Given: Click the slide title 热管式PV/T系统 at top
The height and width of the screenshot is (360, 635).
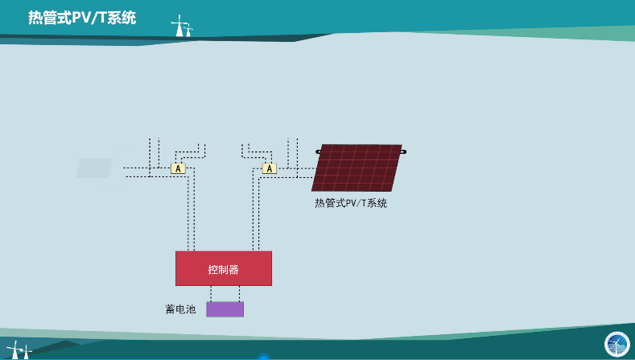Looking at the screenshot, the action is tap(82, 18).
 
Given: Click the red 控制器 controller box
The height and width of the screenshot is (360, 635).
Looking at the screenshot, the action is tap(224, 268).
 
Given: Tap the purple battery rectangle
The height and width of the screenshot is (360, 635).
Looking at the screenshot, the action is tap(225, 309).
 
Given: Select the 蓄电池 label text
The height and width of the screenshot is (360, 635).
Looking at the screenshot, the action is tap(180, 309).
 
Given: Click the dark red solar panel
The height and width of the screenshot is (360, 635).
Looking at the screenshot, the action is tap(357, 168).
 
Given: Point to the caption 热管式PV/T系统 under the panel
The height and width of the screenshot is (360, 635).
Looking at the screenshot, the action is tap(351, 203).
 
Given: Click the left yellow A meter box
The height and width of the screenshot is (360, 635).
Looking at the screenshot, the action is tap(178, 168).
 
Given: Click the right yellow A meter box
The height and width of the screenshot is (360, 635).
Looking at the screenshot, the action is tap(270, 168).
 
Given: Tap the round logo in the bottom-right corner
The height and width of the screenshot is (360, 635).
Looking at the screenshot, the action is tap(616, 345).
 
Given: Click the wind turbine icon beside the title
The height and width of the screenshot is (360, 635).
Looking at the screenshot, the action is tap(181, 26).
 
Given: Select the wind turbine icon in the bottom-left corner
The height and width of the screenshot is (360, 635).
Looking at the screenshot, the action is tap(19, 350).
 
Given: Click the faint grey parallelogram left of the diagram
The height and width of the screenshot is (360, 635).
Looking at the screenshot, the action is tap(94, 168).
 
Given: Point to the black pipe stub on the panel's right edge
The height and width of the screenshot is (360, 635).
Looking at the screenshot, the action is tap(403, 151).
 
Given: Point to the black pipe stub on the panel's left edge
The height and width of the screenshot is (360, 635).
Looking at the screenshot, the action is tap(319, 152).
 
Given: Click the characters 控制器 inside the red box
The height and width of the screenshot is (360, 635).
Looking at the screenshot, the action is tap(224, 269).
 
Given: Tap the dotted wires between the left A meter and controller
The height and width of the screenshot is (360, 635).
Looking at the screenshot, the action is tap(192, 209).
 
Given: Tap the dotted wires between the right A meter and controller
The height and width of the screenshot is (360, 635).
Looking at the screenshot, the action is tap(256, 209).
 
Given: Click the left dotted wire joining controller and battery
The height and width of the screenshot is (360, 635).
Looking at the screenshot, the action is tap(211, 293).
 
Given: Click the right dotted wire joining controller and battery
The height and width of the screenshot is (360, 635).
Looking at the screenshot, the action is tap(239, 293).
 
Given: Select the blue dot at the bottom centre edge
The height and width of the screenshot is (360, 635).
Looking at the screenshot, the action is tap(264, 357).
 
